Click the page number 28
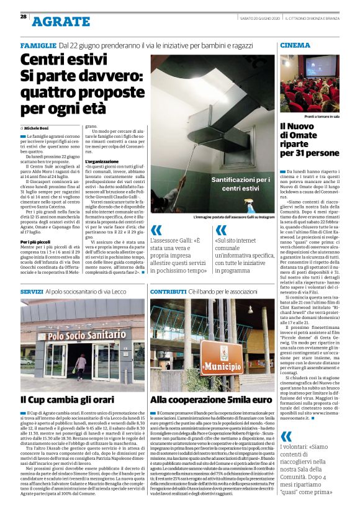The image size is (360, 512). tap(24, 17)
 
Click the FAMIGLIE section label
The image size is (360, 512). tap(38, 46)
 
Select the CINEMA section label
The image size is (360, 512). tap(295, 46)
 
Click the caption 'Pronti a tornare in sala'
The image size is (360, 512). tap(322, 115)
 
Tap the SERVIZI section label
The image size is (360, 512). tap(32, 291)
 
